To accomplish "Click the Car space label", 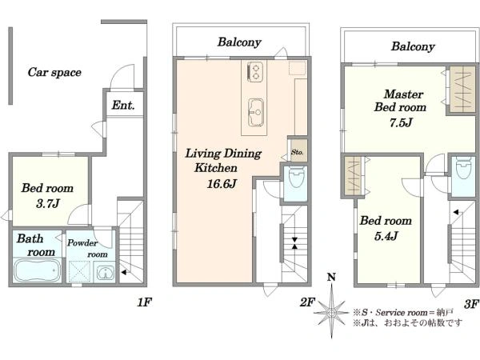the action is tap(54, 73).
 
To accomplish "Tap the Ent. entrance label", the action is tap(123, 106).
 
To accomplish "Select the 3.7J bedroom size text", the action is tap(47, 203).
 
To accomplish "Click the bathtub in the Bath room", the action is tap(38, 270).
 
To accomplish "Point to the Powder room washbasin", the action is tap(105, 272).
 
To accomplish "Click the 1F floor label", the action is tap(144, 302).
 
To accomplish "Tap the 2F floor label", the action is tap(307, 302).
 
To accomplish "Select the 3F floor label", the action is tap(471, 304).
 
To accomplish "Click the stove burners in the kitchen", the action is tap(255, 72).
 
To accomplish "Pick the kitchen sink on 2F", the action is tap(256, 112).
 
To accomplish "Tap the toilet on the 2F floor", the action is tap(296, 177).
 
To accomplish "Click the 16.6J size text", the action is tap(222, 184).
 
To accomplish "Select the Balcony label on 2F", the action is tap(239, 42).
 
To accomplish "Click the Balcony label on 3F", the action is tap(413, 46).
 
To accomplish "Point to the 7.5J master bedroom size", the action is tap(401, 122).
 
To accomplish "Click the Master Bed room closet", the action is tap(462, 89).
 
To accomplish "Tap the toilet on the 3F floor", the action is tap(463, 168).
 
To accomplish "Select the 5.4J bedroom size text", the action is tap(386, 236).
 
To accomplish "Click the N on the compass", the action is tap(331, 278).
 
